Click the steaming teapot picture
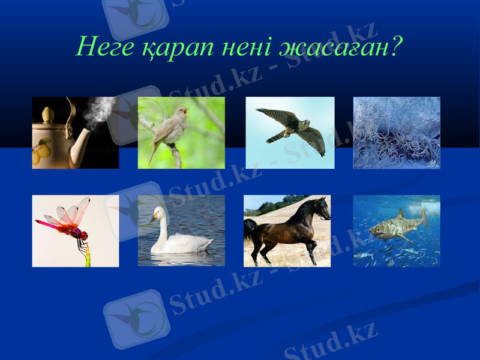(75, 133)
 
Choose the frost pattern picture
(397, 133)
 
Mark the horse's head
(323, 210)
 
